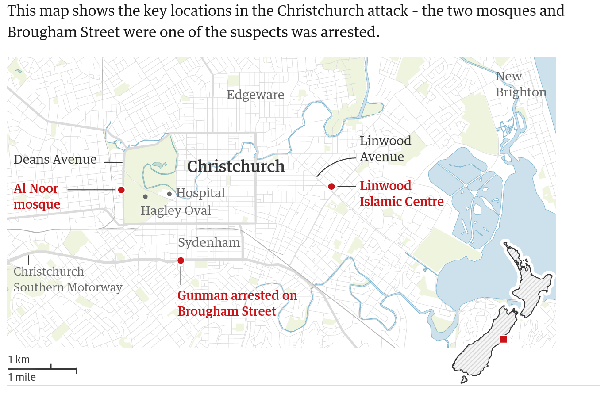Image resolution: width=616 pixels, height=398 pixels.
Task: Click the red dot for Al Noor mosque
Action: point(121,190)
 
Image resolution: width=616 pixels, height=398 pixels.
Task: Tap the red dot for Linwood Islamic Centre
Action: point(331,187)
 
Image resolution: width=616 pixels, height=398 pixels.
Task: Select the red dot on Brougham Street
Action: point(181,260)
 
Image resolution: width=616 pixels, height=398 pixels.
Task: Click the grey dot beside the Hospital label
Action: point(169,194)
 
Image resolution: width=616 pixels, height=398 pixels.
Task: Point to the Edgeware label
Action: point(255,95)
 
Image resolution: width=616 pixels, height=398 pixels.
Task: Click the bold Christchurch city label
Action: point(236,166)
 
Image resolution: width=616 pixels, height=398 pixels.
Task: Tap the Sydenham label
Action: point(209,242)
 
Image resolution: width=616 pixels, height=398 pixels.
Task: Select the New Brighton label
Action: point(520,84)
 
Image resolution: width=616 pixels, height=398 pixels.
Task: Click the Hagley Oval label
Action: point(176,210)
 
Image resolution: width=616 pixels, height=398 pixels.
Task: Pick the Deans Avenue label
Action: point(55,159)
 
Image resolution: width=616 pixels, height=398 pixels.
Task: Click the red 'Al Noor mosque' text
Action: point(37,196)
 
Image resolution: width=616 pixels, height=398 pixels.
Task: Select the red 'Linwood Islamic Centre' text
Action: point(401,193)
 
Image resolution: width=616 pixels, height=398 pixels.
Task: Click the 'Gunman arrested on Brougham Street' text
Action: point(237,303)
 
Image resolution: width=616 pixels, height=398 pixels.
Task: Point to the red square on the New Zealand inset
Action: point(504,339)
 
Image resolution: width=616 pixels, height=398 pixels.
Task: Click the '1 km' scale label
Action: point(19,360)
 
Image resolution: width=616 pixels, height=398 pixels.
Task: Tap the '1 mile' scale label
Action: point(22,377)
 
